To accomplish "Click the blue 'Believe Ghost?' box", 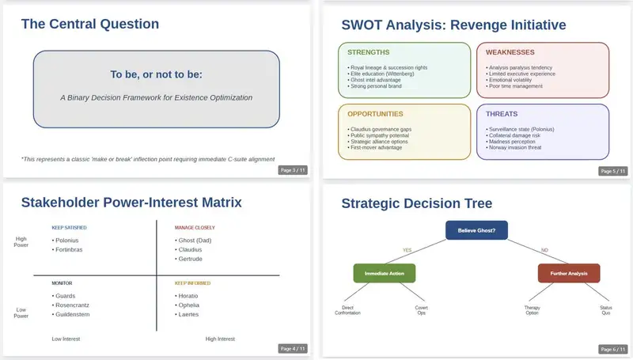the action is (x=476, y=230).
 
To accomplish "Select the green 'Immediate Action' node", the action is (x=385, y=273).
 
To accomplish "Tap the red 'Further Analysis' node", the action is (x=569, y=273).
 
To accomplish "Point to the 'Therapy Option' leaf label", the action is (x=532, y=310).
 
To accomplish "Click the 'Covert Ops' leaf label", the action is (x=422, y=310).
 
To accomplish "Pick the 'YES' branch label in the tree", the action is (x=407, y=250).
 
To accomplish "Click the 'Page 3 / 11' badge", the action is (x=293, y=170).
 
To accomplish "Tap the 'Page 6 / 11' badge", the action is (x=612, y=349).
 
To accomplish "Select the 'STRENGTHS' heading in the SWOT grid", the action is (x=368, y=52).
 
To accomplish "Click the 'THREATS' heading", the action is (x=502, y=114).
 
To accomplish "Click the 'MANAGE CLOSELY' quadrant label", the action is (x=195, y=228).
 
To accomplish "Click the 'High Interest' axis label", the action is (x=220, y=339).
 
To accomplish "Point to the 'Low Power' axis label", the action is (x=21, y=313).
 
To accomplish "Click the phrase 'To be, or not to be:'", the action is (x=156, y=74).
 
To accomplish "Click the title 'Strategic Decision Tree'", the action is (x=417, y=203).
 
